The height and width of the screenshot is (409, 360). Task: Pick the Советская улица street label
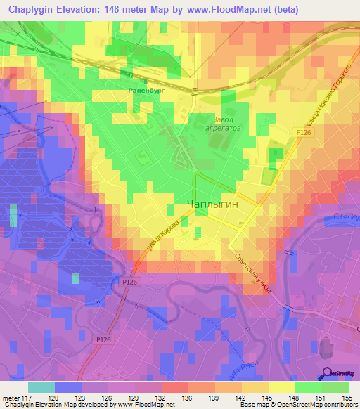250,273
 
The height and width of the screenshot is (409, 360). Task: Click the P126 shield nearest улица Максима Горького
304,132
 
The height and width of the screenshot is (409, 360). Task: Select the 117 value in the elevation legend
27,398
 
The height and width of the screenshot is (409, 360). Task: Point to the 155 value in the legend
348,398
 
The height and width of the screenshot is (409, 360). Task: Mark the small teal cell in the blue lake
75,279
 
